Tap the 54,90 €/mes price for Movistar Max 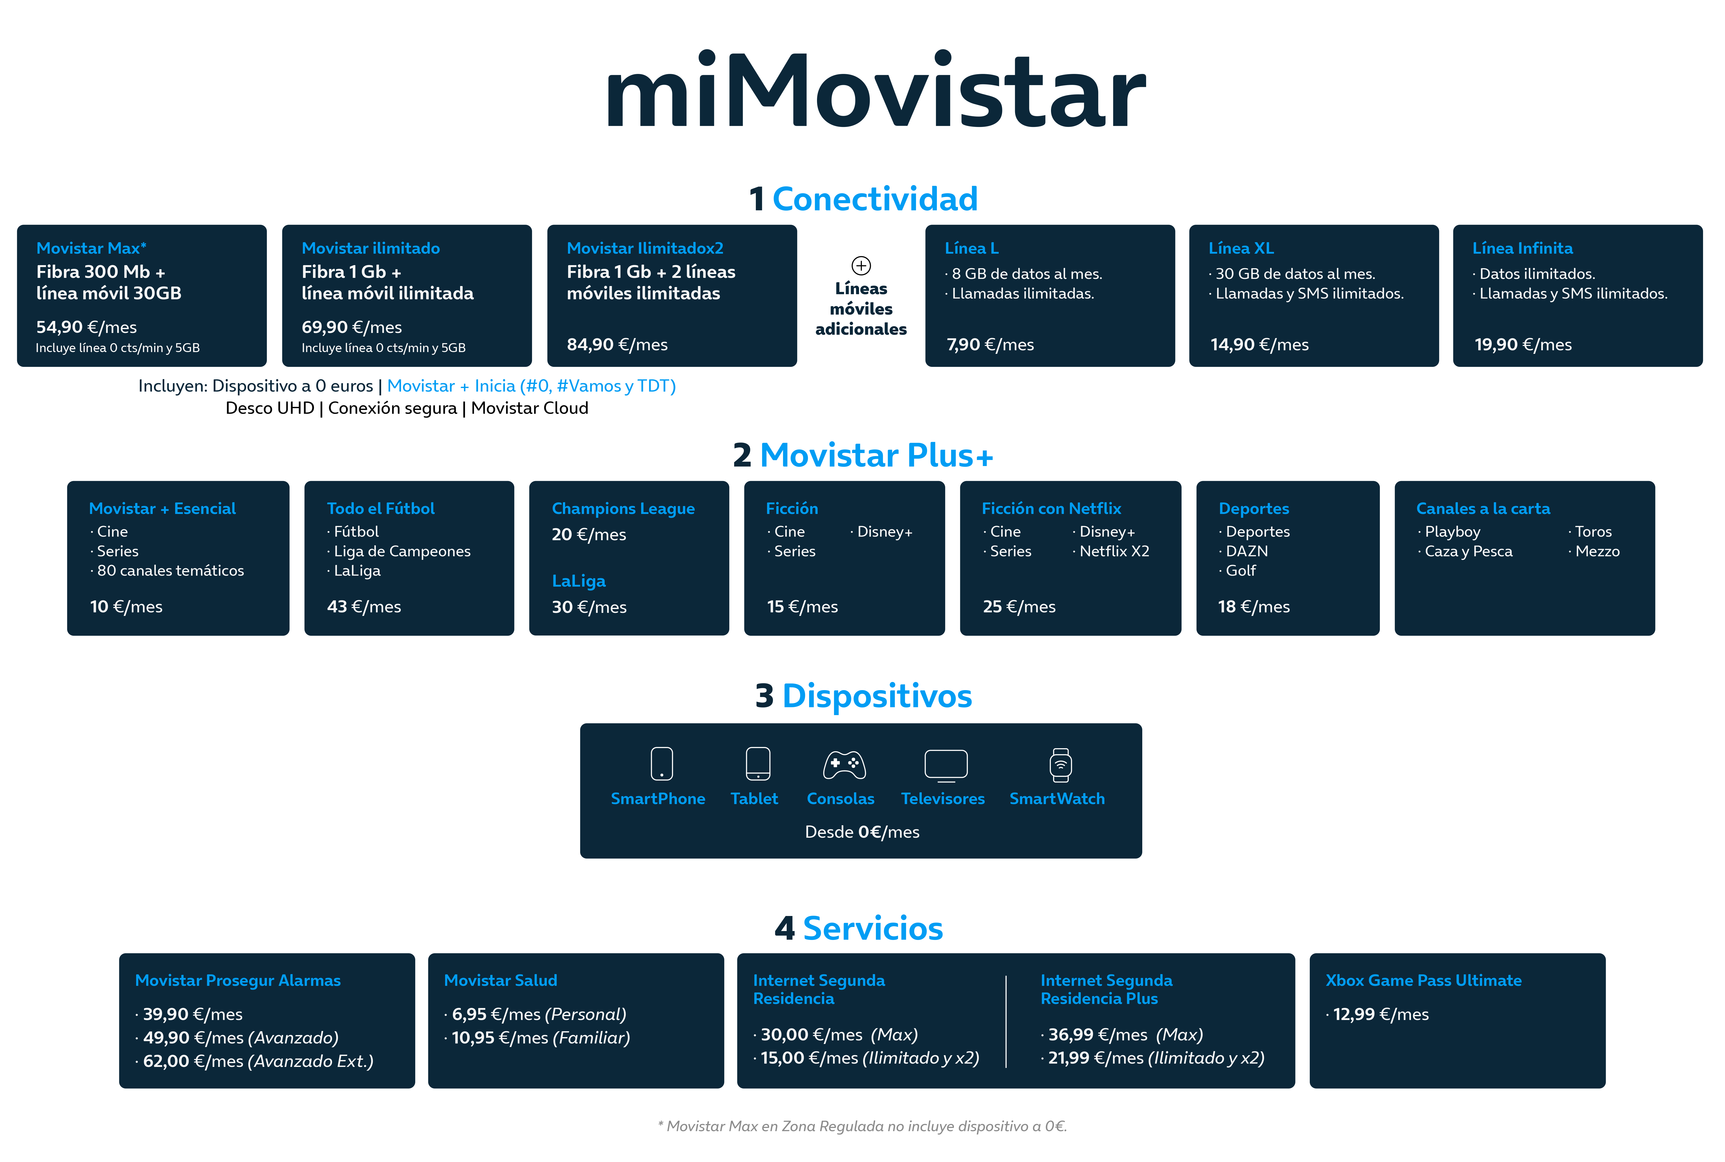(87, 327)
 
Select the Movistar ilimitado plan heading (370, 248)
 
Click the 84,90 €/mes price (617, 345)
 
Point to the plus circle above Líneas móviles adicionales (861, 265)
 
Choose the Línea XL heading (1241, 248)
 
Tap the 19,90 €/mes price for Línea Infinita (1523, 345)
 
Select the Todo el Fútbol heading (381, 508)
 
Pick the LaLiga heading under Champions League (579, 581)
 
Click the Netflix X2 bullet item (1111, 551)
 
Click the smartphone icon (662, 764)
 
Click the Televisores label (942, 799)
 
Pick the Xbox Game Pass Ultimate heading (1423, 980)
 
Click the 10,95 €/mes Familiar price (537, 1038)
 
